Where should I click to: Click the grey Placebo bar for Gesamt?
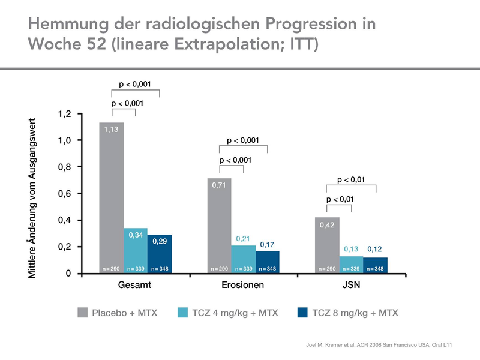click(x=111, y=198)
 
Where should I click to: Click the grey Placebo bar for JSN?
click(x=327, y=245)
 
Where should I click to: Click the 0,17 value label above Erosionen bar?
click(x=268, y=245)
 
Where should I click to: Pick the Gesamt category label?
click(x=136, y=286)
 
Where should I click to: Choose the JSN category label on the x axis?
click(x=352, y=286)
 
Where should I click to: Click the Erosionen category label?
click(x=244, y=286)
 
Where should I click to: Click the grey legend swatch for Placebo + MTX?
click(x=83, y=313)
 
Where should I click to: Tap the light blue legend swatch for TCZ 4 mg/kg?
click(x=184, y=313)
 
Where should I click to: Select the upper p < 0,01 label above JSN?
click(x=351, y=179)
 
